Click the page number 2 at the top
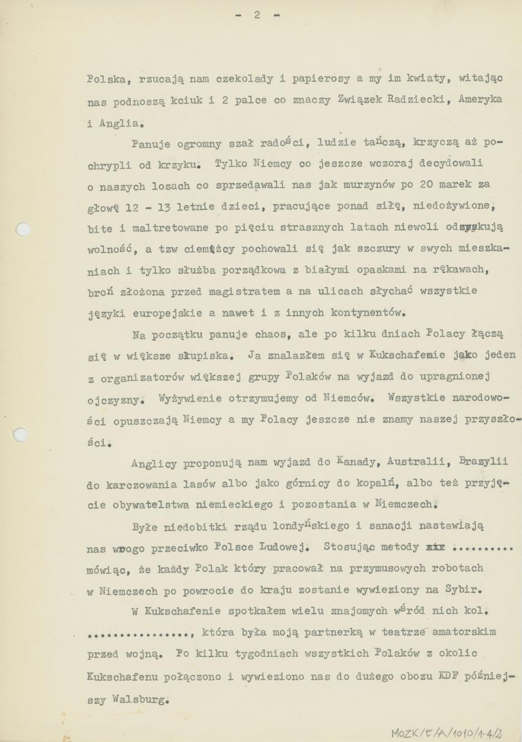coord(257,15)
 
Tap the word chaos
coord(270,335)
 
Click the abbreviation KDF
coord(445,676)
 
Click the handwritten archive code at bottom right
coord(450,733)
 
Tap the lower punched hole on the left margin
coord(21,434)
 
